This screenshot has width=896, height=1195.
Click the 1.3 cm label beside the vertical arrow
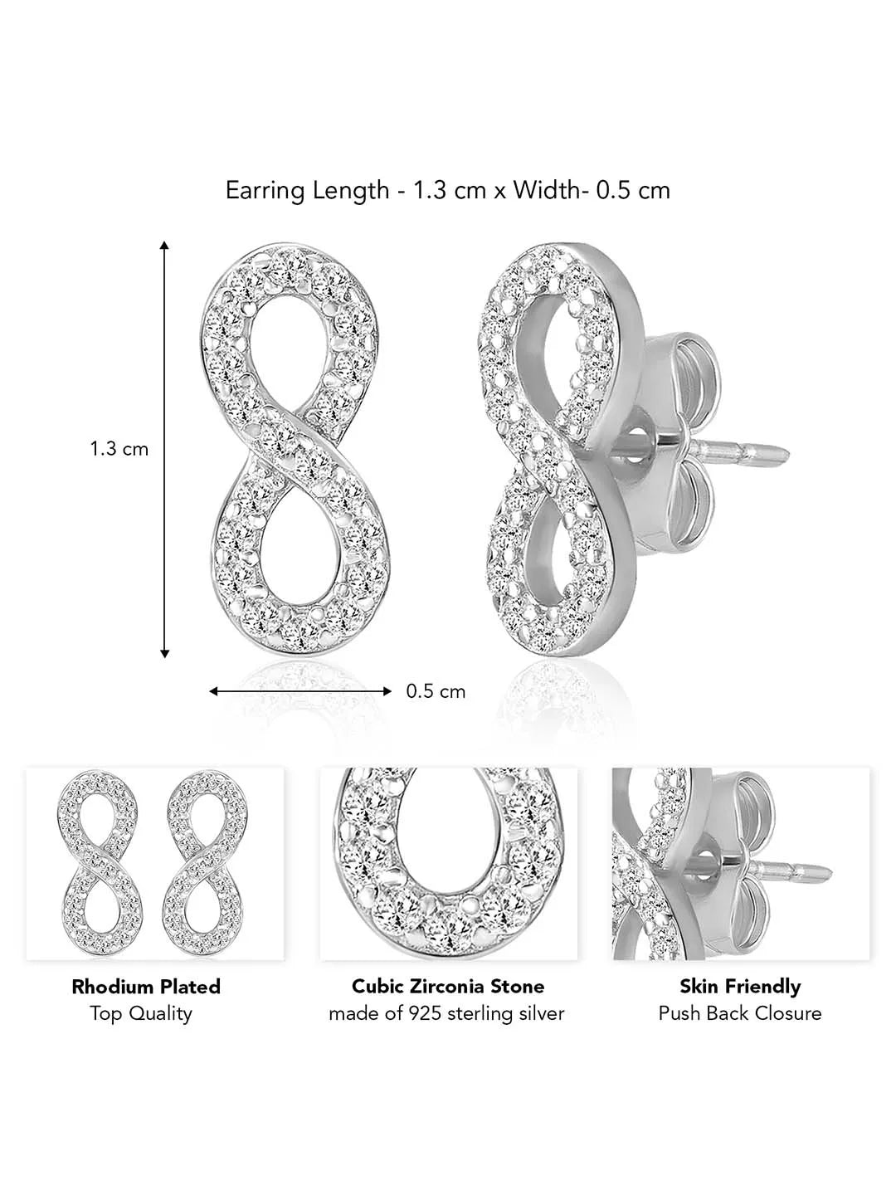pyautogui.click(x=119, y=449)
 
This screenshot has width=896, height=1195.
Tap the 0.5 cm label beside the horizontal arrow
pyautogui.click(x=436, y=691)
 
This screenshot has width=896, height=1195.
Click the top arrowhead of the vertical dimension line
pyautogui.click(x=165, y=246)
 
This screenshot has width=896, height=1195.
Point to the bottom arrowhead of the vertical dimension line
pyautogui.click(x=165, y=653)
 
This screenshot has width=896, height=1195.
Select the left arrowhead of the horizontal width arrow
pyautogui.click(x=214, y=691)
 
